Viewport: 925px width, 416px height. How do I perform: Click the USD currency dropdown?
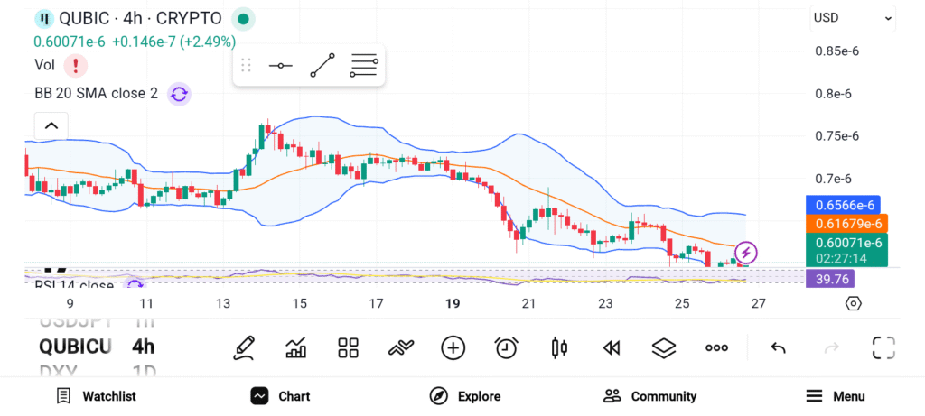click(x=853, y=17)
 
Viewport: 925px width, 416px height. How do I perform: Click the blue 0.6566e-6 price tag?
click(x=842, y=205)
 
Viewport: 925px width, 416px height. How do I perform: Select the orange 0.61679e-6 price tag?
click(x=846, y=223)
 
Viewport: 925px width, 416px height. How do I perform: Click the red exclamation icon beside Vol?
click(x=76, y=65)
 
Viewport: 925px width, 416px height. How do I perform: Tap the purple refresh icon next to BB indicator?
click(x=179, y=93)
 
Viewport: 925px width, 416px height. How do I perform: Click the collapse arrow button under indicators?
click(x=51, y=125)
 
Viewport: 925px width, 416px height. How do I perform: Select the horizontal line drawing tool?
click(x=280, y=66)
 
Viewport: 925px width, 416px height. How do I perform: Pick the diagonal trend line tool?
click(x=322, y=66)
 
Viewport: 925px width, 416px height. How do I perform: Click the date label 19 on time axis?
click(x=453, y=304)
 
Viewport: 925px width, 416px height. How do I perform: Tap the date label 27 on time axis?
click(x=759, y=304)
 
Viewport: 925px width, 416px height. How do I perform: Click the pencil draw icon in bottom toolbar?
click(x=243, y=347)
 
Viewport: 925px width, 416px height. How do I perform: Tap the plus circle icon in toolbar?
click(x=453, y=347)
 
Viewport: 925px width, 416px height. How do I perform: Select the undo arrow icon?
click(x=778, y=347)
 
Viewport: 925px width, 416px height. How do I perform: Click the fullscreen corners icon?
click(x=883, y=347)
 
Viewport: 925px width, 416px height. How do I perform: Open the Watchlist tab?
click(x=96, y=396)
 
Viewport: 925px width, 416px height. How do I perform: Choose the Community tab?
click(x=650, y=396)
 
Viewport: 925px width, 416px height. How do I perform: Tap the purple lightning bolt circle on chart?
click(x=746, y=252)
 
